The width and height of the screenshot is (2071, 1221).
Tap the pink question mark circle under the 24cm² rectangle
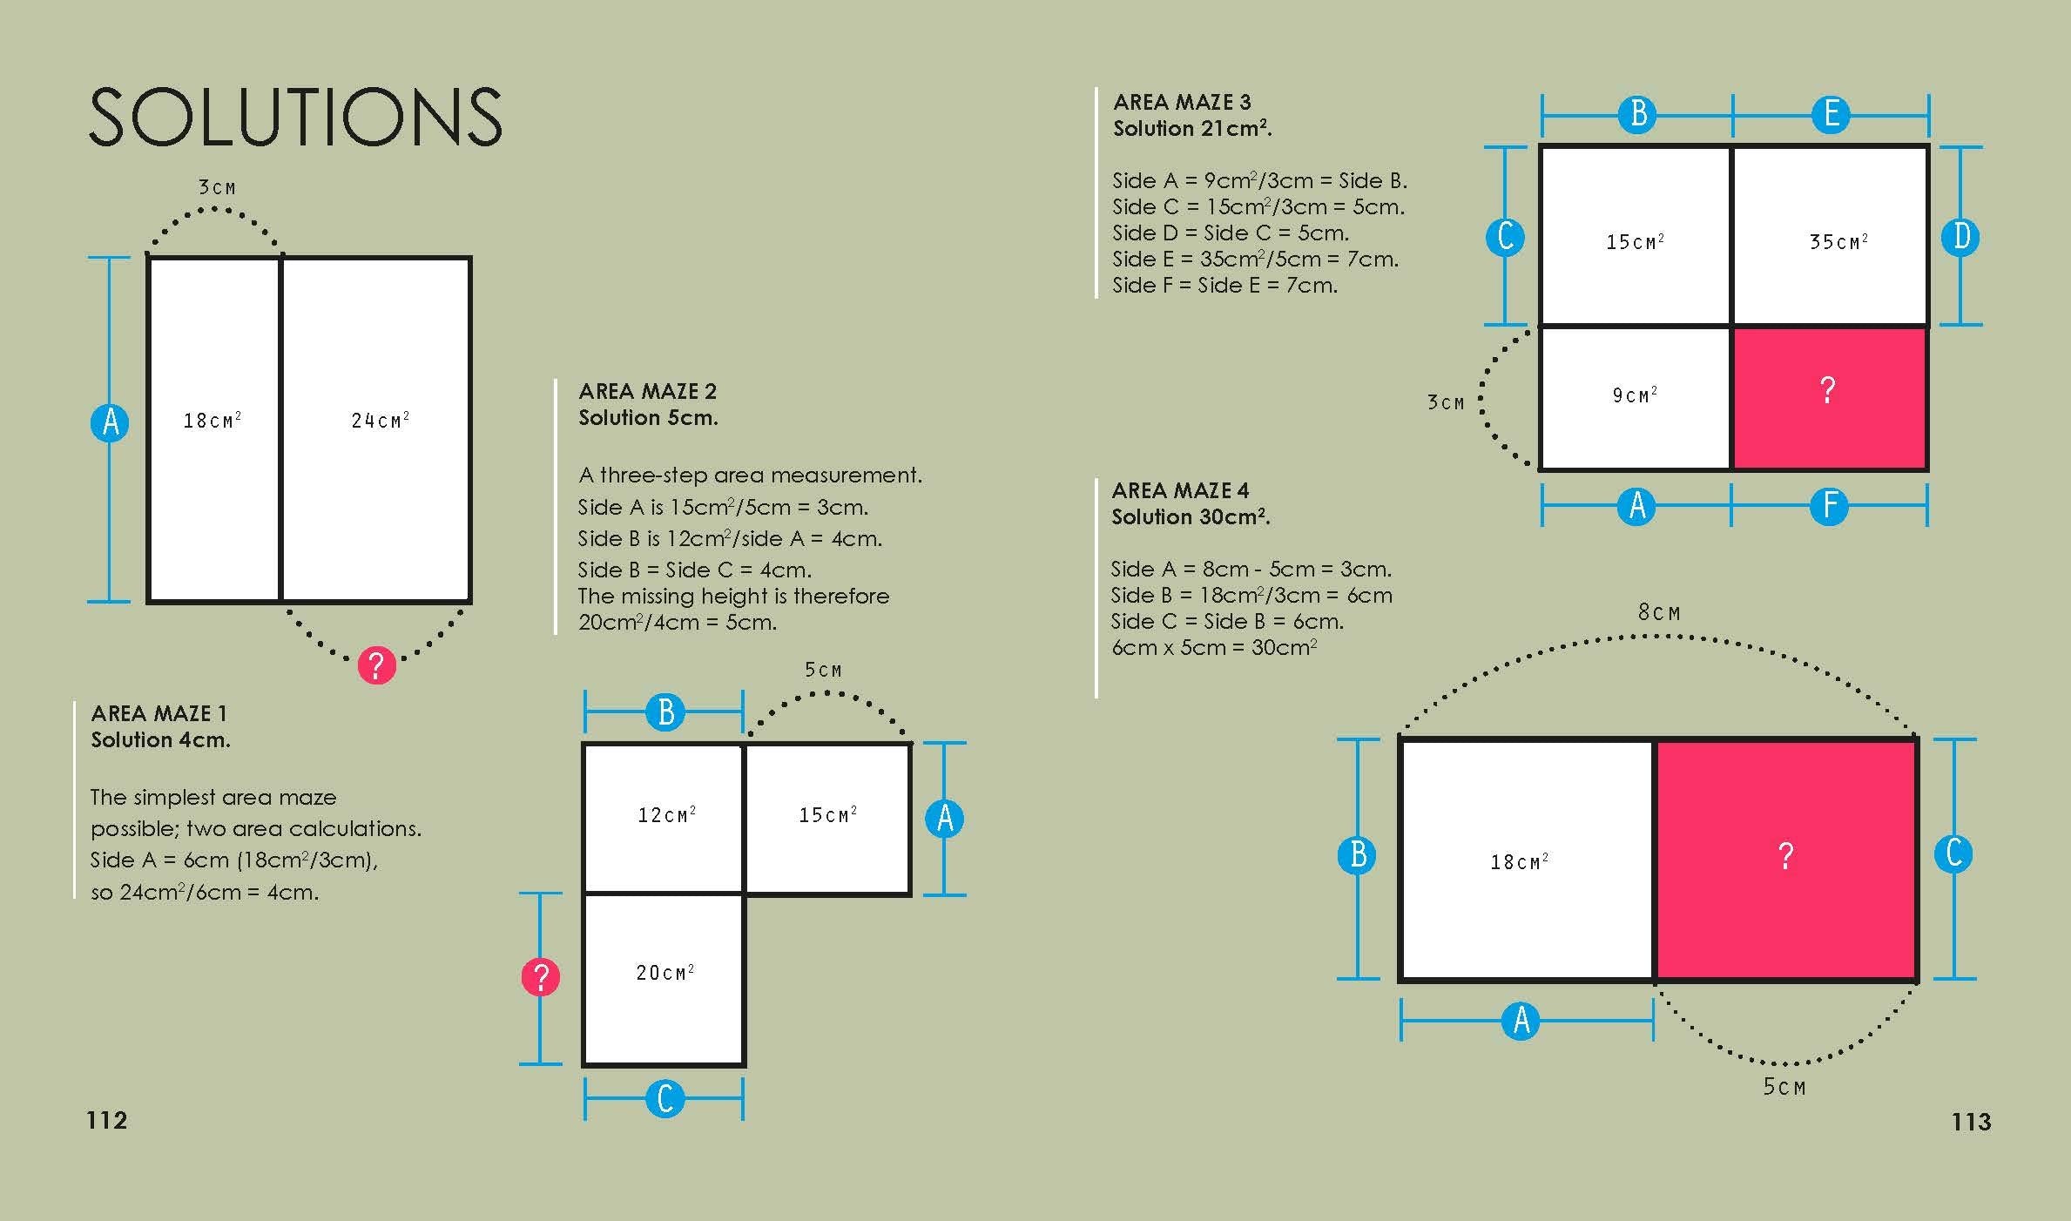(376, 665)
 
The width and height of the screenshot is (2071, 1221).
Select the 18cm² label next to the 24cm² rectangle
(212, 421)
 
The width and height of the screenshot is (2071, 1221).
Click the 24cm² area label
(380, 421)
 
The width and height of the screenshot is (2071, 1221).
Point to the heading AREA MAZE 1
(159, 713)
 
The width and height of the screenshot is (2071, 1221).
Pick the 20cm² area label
(664, 972)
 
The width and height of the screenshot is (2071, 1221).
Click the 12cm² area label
(666, 815)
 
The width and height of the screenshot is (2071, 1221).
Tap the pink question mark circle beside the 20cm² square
(540, 977)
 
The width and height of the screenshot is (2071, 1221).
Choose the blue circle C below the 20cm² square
(665, 1099)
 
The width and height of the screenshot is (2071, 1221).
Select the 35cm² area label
(1838, 241)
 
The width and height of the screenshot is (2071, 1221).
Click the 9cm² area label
(1634, 395)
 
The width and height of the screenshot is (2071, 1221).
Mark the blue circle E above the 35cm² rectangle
(1831, 114)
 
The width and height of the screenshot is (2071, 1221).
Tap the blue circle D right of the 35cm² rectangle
(1961, 237)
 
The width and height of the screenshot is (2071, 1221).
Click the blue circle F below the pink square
(1830, 506)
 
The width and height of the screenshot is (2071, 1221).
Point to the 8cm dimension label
(1658, 612)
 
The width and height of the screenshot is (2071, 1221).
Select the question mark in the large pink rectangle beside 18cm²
(1785, 856)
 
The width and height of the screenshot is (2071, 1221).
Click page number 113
(1971, 1121)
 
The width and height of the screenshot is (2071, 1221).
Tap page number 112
(107, 1120)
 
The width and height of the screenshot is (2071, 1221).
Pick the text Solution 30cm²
(1191, 516)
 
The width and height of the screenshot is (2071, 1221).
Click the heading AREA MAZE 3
(1181, 102)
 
